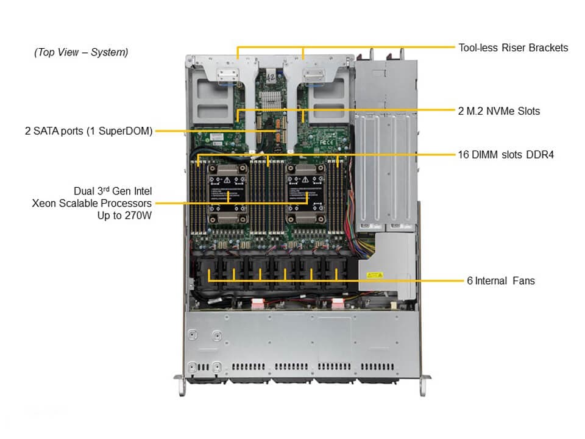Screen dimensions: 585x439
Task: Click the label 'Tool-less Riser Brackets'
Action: click(x=513, y=48)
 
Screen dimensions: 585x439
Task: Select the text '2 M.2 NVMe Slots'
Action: click(x=498, y=111)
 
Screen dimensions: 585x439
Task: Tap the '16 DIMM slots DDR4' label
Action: click(x=505, y=155)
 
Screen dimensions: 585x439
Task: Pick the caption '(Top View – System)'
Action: click(x=81, y=52)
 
